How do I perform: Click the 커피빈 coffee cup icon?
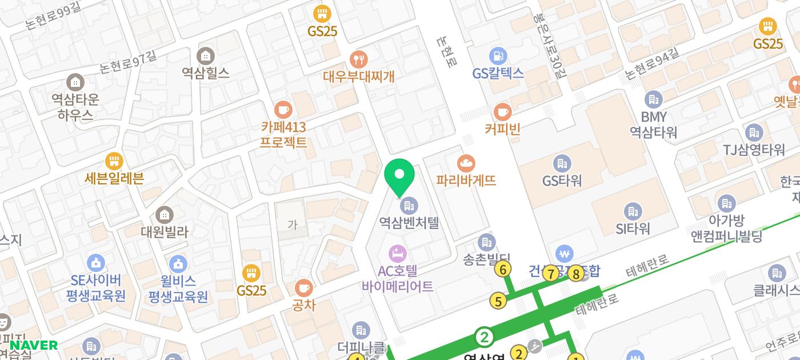[502, 111]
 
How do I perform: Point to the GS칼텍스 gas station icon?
[498, 56]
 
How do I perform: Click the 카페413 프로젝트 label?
[283, 134]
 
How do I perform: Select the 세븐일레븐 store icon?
[114, 161]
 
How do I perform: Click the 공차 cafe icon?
[303, 287]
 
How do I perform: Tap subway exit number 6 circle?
[503, 269]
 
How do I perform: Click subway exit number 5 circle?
[498, 301]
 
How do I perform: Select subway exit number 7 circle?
[551, 274]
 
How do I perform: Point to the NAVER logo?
[33, 345]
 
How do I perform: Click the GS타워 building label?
[562, 181]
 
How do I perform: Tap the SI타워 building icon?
[633, 211]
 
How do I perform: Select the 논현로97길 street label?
[127, 63]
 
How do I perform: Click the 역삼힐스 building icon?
[205, 56]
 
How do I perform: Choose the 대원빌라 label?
[165, 232]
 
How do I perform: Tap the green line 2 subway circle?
[485, 337]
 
